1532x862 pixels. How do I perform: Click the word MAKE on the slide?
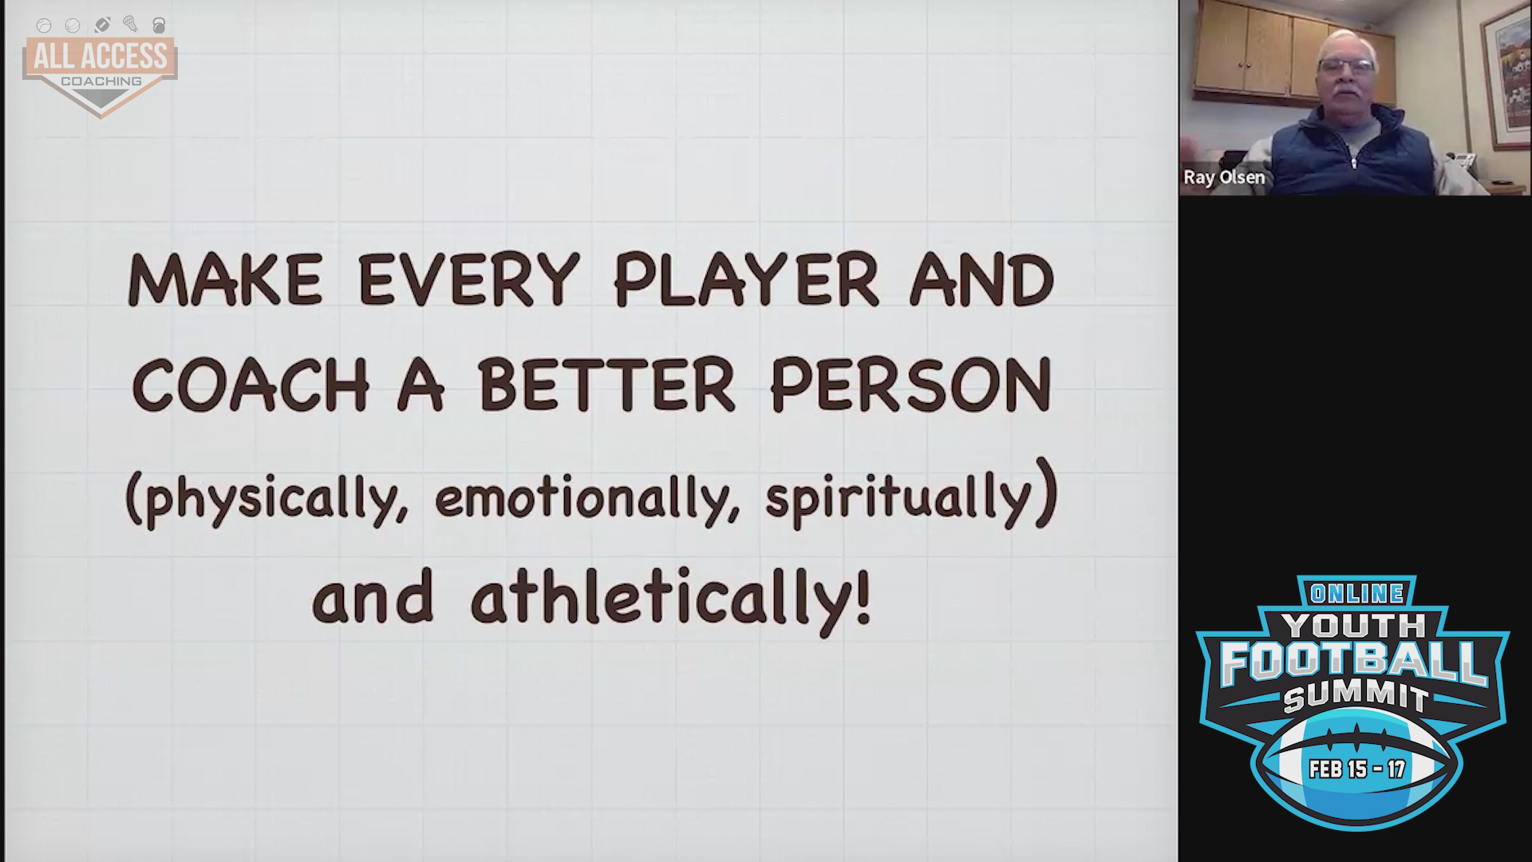point(225,280)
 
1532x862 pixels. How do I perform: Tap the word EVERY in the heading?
point(468,280)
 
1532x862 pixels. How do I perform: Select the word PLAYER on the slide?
point(745,280)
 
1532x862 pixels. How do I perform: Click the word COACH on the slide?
point(251,386)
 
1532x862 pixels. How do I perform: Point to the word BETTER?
point(606,386)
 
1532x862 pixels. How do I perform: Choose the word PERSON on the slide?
point(910,386)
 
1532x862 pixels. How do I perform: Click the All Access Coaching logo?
point(101,67)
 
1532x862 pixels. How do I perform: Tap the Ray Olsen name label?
point(1224,177)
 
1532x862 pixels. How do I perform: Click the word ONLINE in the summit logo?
point(1357,593)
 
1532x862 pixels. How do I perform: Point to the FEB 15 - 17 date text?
point(1357,769)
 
